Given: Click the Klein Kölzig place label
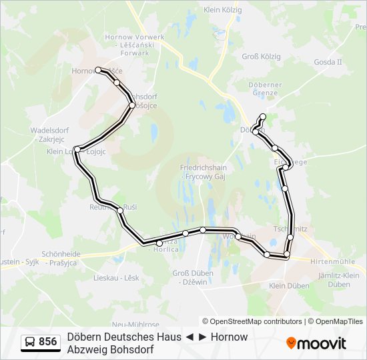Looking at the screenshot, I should [222, 9].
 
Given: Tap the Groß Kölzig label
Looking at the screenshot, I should [259, 57].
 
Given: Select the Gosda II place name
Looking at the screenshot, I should [327, 62].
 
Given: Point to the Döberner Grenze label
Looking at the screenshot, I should [265, 89].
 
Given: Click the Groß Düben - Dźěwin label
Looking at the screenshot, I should [193, 277].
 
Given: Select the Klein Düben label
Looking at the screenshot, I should [289, 285].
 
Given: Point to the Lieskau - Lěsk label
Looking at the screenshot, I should [116, 277].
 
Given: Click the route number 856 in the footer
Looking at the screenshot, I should [47, 342].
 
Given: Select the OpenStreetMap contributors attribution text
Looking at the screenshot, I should [252, 321].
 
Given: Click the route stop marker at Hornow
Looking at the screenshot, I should [98, 69].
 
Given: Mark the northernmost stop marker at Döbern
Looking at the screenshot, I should [263, 117].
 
